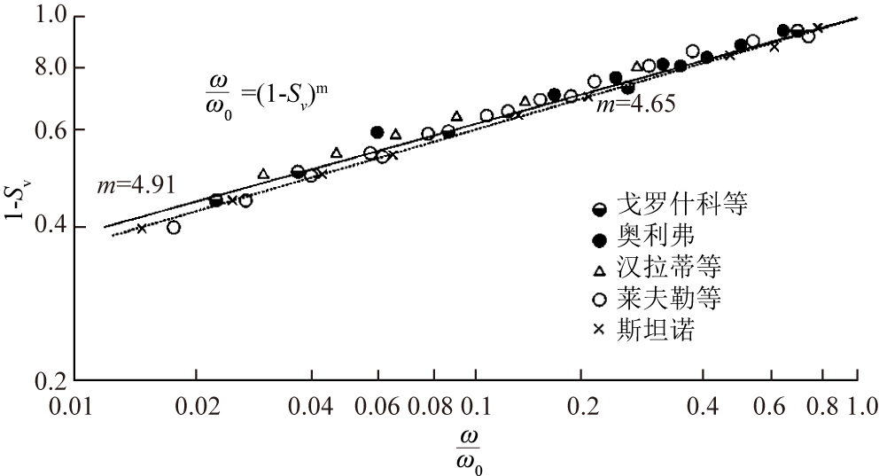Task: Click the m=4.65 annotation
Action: [635, 104]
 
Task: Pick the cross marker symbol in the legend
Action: [600, 330]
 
